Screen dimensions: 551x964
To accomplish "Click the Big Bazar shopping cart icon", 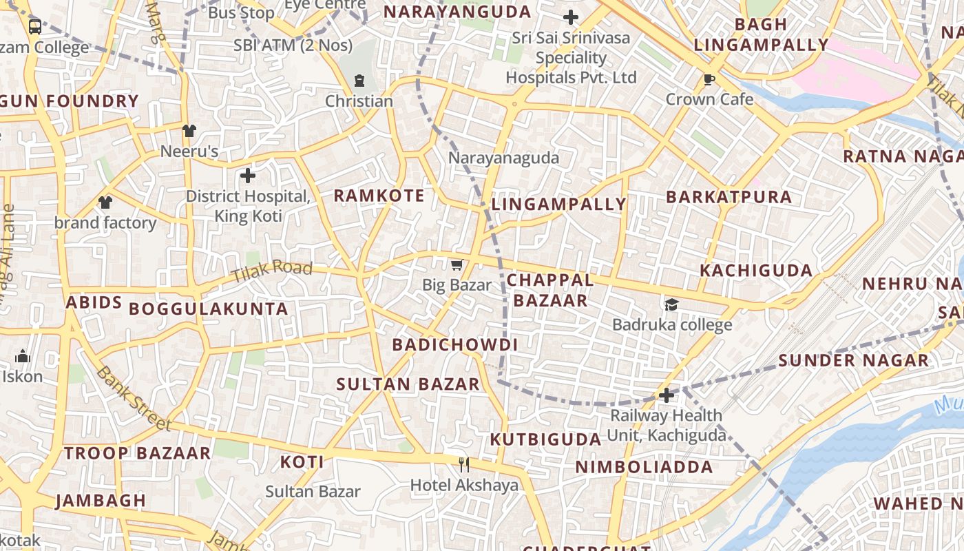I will click(456, 265).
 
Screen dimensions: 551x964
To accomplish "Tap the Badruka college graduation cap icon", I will click(671, 304).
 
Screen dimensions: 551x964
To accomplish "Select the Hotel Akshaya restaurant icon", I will click(464, 465).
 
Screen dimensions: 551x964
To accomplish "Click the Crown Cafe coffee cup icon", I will click(709, 80).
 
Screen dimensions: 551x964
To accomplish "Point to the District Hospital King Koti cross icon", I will click(248, 176).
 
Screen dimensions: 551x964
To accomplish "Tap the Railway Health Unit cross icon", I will click(666, 395).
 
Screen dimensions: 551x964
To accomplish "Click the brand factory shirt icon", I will click(105, 202).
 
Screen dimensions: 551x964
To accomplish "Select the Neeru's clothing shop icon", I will click(189, 131).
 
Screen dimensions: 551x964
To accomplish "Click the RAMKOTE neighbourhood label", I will click(379, 196).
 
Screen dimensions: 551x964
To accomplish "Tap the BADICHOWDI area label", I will click(454, 345).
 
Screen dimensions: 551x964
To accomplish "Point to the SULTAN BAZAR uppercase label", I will click(408, 384).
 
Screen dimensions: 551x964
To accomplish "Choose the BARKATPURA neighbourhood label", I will click(729, 197).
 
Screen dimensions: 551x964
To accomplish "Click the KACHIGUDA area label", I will click(756, 270).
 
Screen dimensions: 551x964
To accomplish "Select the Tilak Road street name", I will click(271, 271).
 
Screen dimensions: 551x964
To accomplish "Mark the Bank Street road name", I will click(133, 398).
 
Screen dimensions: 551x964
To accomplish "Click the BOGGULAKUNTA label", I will click(209, 309).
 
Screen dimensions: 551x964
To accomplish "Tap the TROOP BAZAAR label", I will click(137, 453).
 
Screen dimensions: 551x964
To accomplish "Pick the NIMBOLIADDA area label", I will click(644, 467).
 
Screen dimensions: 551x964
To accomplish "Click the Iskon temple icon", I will click(23, 356).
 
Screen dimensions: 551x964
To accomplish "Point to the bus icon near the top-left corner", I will click(34, 27).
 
